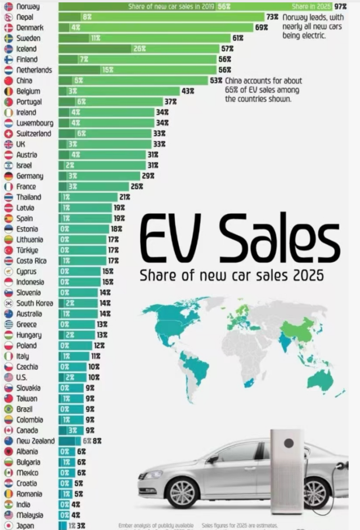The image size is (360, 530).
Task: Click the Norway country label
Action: tap(28, 6)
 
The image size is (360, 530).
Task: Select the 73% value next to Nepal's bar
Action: tap(272, 17)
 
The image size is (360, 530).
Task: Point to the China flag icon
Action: tap(8, 80)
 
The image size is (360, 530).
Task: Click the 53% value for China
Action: tap(216, 80)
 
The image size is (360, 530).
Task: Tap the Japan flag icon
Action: tap(8, 525)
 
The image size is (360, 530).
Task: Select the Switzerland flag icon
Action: tap(8, 133)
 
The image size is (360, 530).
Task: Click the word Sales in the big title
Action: tap(279, 239)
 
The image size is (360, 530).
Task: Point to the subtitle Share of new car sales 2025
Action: tap(232, 276)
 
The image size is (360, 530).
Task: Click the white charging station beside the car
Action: tap(287, 470)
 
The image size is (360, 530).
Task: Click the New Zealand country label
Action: tap(35, 441)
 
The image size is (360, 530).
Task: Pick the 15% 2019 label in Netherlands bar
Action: tap(107, 70)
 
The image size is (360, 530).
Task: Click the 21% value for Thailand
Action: tap(124, 197)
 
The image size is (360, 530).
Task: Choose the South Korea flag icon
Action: tap(8, 303)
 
